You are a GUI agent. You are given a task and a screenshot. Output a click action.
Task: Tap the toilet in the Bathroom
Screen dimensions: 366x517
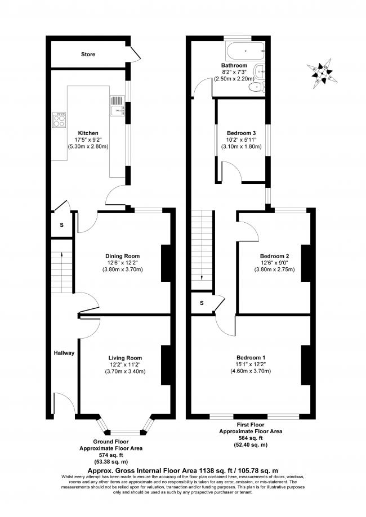click(x=256, y=87)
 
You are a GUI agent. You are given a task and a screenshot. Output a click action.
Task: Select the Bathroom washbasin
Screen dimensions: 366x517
click(x=260, y=70)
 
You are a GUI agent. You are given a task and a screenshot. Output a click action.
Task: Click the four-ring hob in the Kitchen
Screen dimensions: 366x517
click(x=59, y=119)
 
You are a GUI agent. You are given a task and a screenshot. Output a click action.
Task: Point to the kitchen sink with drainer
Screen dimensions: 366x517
click(x=117, y=106)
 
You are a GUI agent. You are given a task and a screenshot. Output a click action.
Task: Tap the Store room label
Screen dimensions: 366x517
click(x=88, y=55)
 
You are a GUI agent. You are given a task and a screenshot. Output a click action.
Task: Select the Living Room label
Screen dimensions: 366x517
click(x=125, y=358)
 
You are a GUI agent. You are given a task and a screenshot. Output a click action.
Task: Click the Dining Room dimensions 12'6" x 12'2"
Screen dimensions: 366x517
click(x=122, y=263)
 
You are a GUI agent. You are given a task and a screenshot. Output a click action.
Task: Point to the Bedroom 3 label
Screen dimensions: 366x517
click(x=241, y=133)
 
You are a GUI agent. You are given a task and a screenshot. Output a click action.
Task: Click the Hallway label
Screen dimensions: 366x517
click(x=64, y=353)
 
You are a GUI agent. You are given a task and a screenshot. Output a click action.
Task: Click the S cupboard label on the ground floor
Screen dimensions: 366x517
click(x=61, y=225)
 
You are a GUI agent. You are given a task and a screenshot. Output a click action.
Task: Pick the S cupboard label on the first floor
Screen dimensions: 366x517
click(x=202, y=303)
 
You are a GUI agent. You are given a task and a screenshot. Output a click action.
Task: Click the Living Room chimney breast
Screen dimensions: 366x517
click(x=166, y=365)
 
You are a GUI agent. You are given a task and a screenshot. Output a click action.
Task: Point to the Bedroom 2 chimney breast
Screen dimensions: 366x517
click(x=306, y=263)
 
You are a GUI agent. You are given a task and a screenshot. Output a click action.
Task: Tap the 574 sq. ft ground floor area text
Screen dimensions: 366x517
click(x=111, y=455)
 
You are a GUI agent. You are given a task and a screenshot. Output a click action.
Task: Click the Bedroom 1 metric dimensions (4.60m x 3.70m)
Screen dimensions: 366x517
click(x=251, y=371)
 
